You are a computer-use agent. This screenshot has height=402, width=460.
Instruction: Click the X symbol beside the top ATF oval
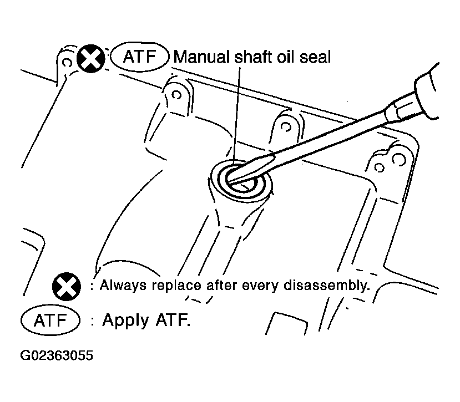click(x=90, y=59)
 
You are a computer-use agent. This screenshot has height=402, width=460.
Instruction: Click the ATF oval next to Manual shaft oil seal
click(x=140, y=57)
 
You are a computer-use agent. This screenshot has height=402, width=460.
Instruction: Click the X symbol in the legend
click(x=66, y=287)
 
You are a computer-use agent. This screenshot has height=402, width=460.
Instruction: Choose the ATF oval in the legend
click(x=50, y=320)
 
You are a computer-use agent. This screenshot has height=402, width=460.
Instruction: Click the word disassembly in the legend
click(x=326, y=286)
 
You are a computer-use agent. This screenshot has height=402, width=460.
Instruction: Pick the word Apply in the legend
click(x=125, y=320)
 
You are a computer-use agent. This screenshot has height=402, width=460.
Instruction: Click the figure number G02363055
click(x=57, y=355)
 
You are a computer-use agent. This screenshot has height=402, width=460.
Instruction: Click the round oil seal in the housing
click(x=241, y=180)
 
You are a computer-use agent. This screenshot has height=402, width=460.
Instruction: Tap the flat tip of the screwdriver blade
click(x=232, y=180)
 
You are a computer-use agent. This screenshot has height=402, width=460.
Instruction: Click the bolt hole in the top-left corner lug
click(x=67, y=63)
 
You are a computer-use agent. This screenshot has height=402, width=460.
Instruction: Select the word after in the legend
click(x=221, y=286)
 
